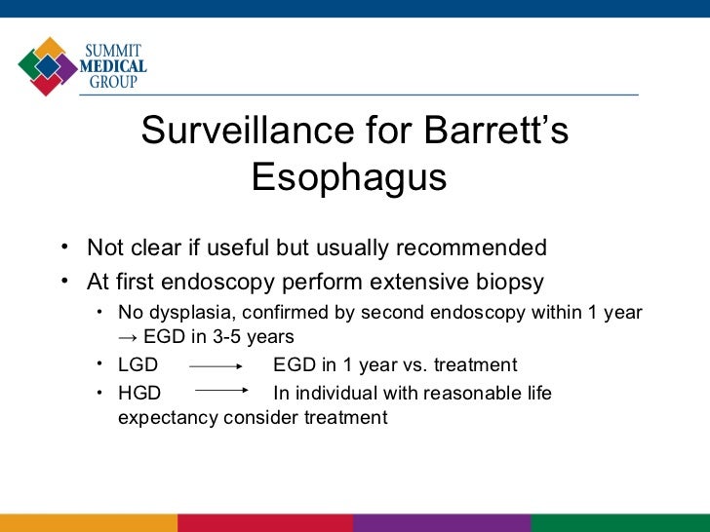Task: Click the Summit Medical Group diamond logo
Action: point(47,66)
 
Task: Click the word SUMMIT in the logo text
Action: point(116,49)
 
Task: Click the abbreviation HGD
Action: point(139,393)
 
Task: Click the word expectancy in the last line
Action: point(167,418)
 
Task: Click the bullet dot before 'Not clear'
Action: point(62,246)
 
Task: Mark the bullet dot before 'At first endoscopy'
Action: point(62,281)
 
